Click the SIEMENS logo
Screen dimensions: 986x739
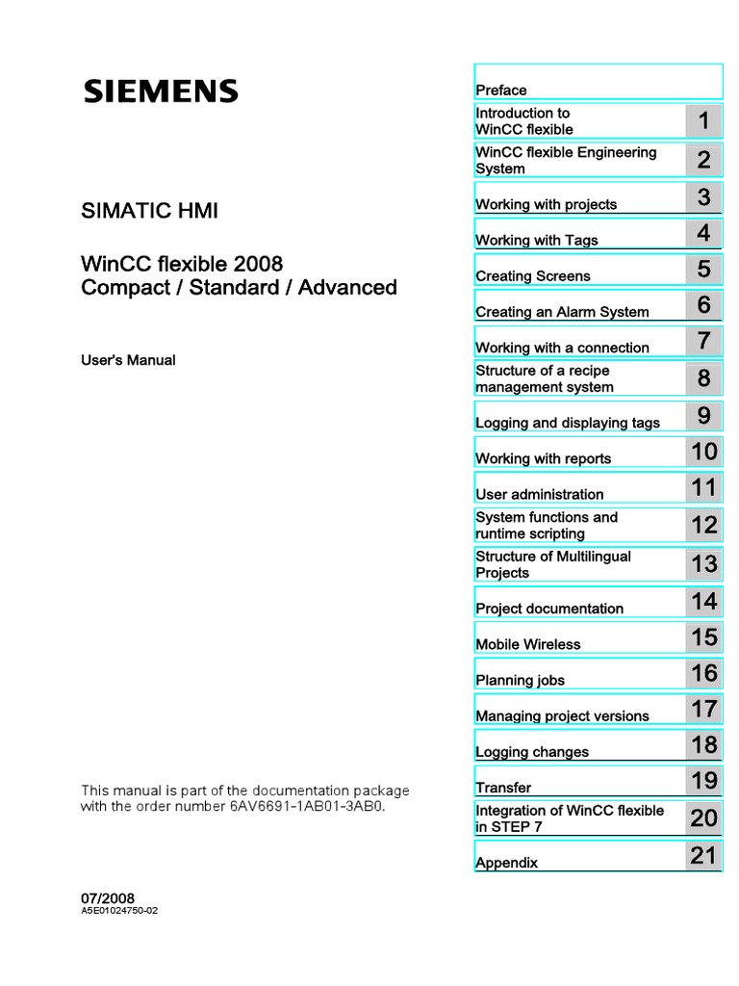160,91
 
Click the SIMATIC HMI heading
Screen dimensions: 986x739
149,211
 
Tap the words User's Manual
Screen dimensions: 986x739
127,360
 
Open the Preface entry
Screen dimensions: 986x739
501,91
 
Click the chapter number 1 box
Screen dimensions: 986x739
704,121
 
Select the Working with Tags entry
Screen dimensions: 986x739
536,240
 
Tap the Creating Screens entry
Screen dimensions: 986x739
533,276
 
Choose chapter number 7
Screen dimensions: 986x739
704,341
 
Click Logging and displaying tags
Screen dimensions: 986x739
568,423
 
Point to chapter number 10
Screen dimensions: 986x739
704,451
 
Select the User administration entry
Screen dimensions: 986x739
540,494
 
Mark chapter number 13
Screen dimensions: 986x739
704,563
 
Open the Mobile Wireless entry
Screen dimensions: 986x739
528,644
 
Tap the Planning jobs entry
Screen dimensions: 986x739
520,680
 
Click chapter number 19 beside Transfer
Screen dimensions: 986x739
704,780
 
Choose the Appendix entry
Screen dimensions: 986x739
506,863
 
